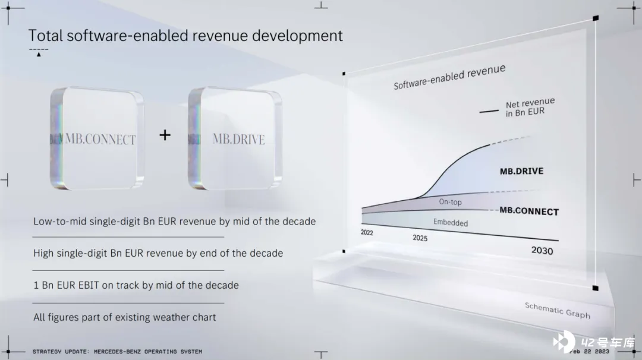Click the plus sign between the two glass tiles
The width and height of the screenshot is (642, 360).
(x=165, y=135)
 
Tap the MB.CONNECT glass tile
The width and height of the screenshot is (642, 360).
(x=97, y=138)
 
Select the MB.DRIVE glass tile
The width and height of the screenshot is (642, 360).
(x=235, y=138)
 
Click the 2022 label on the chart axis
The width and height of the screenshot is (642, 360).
(x=367, y=232)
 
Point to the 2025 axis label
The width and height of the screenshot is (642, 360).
(x=420, y=238)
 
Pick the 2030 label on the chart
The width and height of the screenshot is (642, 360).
(x=542, y=250)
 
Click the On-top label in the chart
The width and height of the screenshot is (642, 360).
(x=451, y=201)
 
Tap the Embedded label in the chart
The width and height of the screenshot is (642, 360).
(x=451, y=223)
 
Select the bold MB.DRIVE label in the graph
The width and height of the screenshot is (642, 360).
(x=522, y=171)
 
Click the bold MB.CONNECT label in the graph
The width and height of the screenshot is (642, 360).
(x=529, y=211)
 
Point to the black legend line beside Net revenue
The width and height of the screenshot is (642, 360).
(x=489, y=111)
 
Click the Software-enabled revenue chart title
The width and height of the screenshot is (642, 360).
(x=449, y=77)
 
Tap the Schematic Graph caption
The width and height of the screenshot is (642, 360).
(x=557, y=310)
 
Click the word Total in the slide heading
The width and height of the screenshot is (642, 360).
(x=45, y=36)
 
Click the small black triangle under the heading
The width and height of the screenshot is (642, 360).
(x=39, y=55)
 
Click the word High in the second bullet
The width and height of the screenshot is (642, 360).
(x=43, y=253)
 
